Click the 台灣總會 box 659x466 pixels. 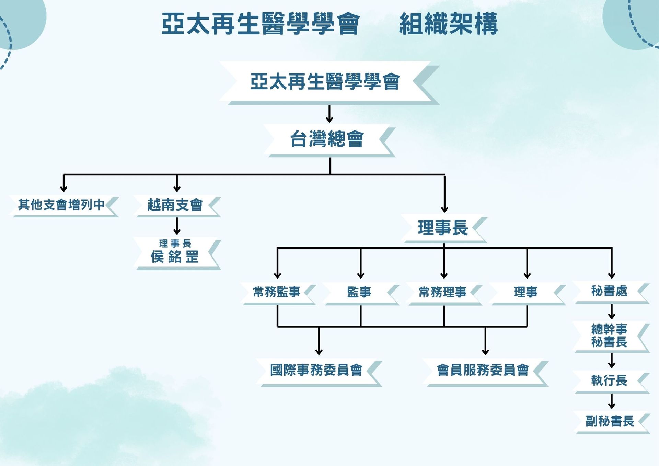coord(327,139)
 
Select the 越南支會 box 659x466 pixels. coord(175,205)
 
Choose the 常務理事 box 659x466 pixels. coord(442,292)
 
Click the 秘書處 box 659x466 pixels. coord(609,291)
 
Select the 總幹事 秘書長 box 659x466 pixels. coord(609,336)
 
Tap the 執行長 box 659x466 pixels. coord(609,380)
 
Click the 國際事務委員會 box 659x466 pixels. coord(316,370)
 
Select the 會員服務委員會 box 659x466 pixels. coord(483,370)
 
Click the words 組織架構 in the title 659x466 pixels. coord(448,24)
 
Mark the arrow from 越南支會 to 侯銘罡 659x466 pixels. coord(177,226)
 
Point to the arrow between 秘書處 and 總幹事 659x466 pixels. coord(612,311)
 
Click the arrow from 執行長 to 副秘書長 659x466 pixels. coord(612,401)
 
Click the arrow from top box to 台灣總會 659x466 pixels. coord(329,114)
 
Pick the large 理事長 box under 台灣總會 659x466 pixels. coord(443,228)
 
